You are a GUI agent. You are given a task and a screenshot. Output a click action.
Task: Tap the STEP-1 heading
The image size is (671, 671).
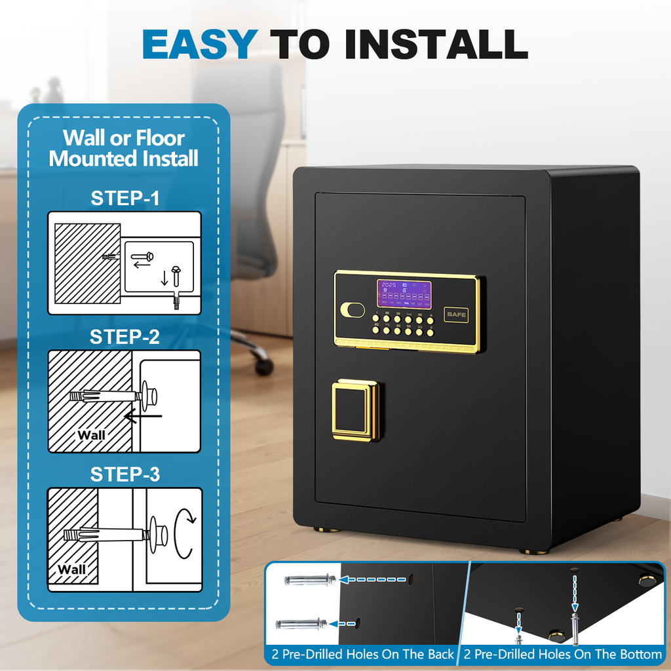(125, 199)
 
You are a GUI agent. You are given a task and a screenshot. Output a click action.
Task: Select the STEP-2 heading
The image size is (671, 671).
(125, 337)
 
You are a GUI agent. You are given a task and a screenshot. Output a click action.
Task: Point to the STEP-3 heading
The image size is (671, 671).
(125, 474)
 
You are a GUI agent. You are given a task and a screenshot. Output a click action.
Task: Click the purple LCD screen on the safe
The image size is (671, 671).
(404, 294)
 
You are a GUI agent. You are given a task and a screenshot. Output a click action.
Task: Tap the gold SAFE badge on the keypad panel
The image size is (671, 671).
(457, 315)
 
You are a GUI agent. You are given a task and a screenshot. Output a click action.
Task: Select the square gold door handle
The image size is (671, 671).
(355, 410)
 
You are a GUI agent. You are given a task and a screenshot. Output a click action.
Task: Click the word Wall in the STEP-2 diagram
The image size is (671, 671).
(91, 434)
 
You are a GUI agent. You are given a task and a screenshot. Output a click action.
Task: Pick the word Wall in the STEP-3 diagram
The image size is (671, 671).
(71, 569)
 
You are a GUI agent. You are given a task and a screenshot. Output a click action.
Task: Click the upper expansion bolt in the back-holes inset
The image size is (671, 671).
(310, 580)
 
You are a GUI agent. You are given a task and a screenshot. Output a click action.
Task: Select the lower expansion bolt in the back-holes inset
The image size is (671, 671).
(301, 624)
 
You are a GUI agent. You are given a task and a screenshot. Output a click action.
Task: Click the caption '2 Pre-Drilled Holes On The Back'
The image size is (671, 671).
(363, 654)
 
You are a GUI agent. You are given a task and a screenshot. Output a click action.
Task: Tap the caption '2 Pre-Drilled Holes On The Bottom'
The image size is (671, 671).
(563, 654)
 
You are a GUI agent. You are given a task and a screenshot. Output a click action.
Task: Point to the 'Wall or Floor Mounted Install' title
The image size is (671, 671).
(124, 148)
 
